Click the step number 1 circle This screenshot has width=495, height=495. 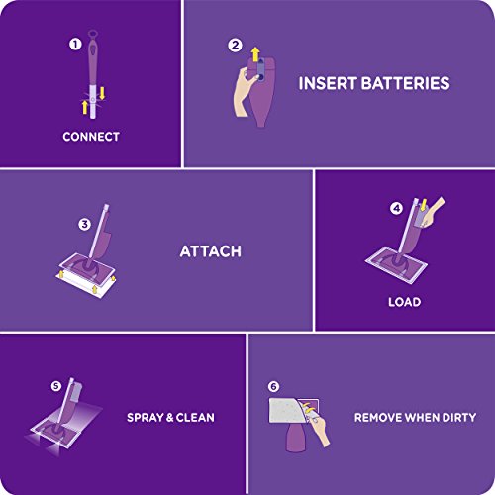pos(72,45)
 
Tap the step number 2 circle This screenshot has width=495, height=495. pos(235,45)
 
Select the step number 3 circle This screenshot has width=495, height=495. pos(84,225)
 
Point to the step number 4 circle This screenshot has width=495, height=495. pos(396,209)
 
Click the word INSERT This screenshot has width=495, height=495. pos(326,83)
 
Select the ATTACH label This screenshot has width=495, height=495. pos(210,251)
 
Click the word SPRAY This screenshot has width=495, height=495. pos(148,417)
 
